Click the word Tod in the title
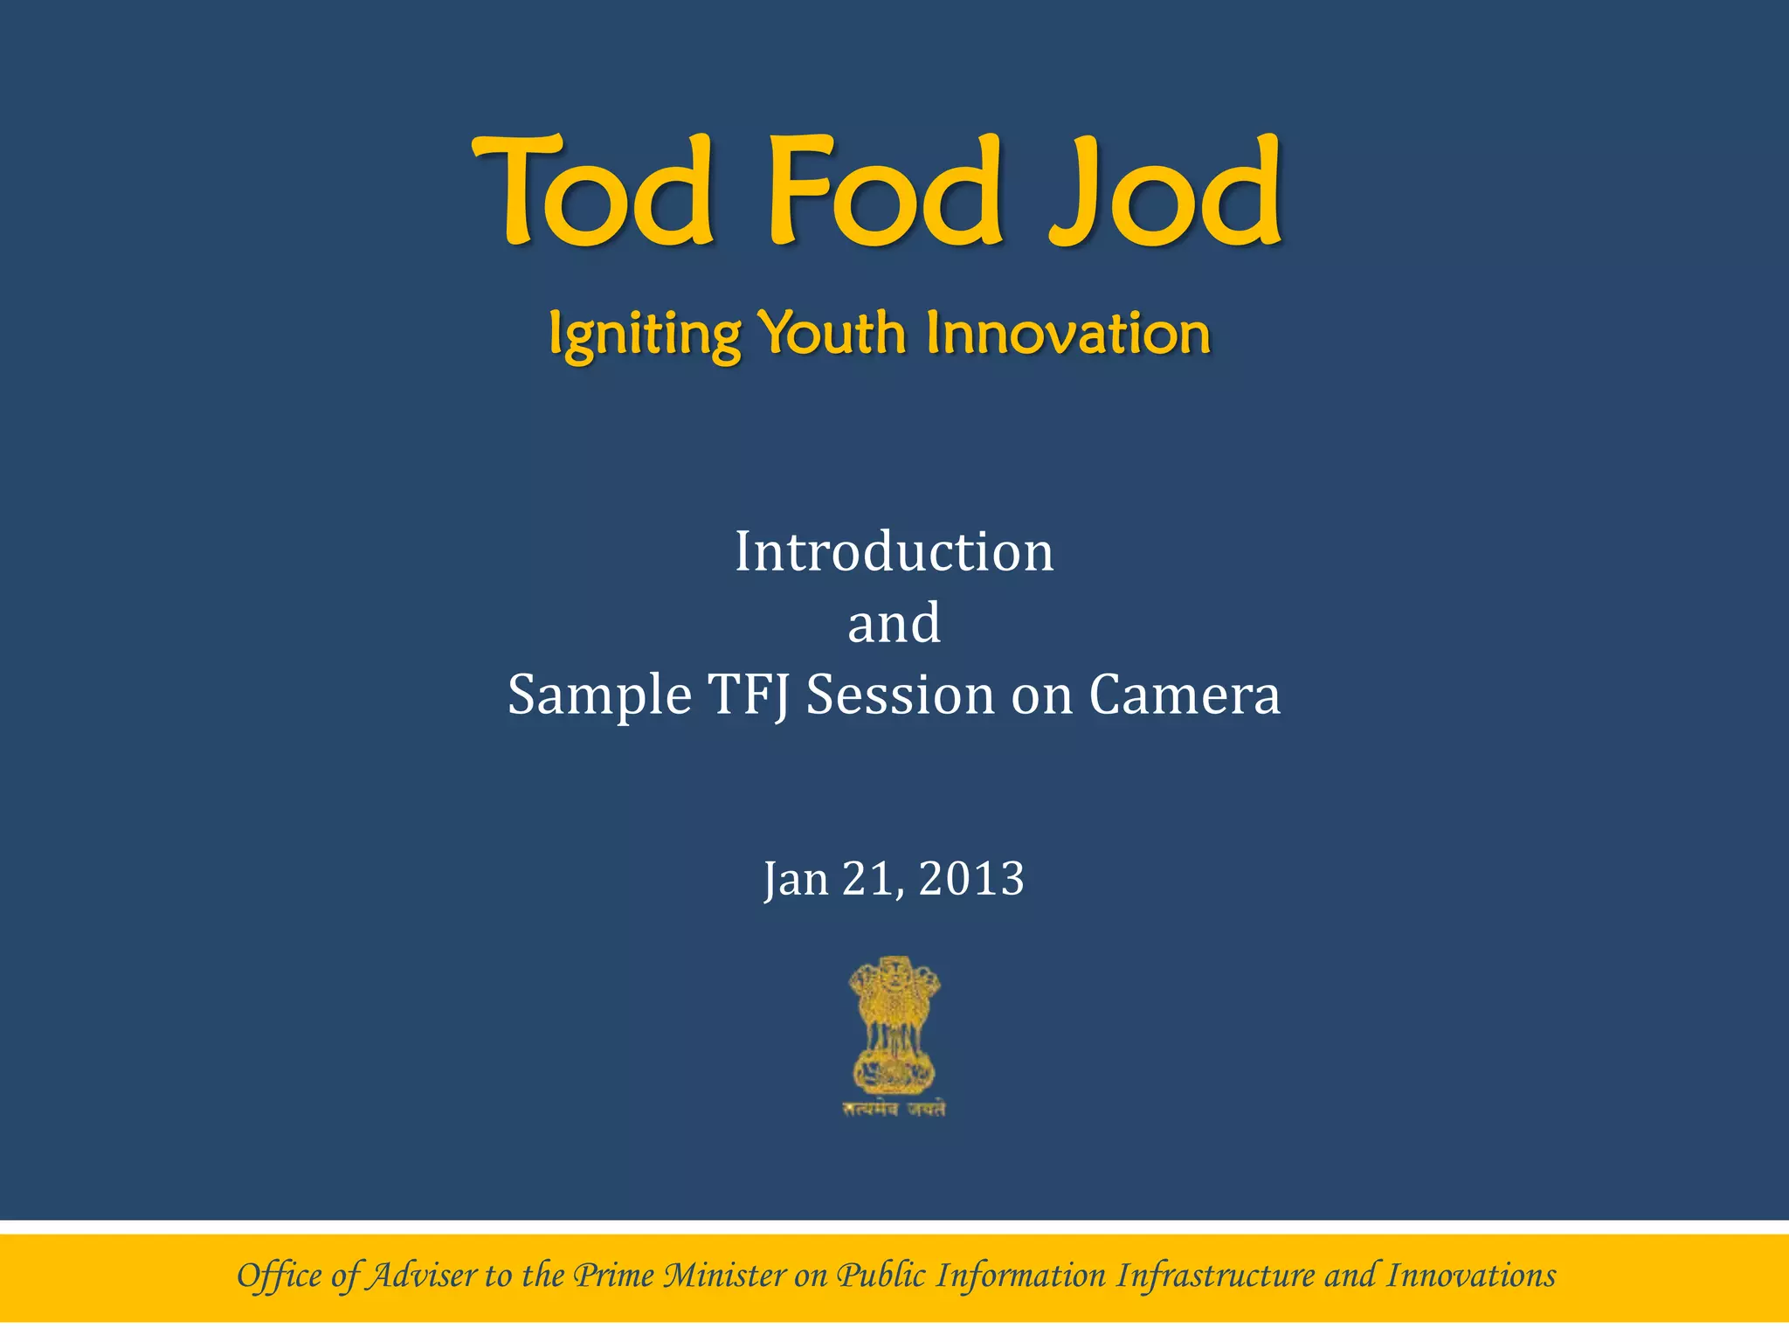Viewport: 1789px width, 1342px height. [594, 192]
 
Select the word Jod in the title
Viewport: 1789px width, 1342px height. [1166, 192]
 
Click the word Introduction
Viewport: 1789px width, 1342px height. [894, 552]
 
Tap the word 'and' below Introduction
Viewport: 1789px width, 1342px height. [894, 623]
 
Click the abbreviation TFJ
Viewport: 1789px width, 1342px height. [750, 695]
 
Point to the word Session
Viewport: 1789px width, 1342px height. [900, 695]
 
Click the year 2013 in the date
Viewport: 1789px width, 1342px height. [971, 878]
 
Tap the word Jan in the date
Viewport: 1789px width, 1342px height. [796, 878]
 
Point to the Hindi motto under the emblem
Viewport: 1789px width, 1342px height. [894, 1110]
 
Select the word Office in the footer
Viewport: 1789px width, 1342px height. [280, 1276]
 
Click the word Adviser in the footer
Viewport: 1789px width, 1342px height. [422, 1276]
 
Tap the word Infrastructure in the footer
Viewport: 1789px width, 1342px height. [1216, 1276]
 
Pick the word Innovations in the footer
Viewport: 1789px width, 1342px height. [1471, 1276]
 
